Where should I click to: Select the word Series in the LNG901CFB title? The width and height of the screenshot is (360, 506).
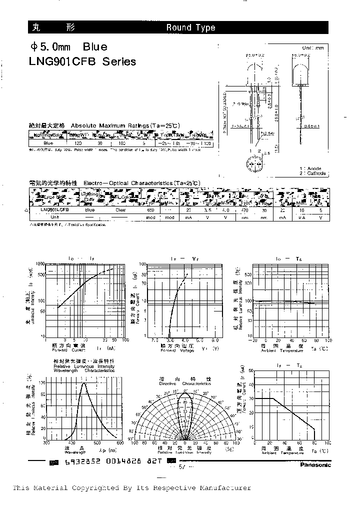[x=119, y=62]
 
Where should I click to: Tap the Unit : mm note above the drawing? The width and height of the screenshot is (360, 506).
[x=313, y=47]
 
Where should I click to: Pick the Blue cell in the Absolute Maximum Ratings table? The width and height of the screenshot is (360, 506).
[x=48, y=143]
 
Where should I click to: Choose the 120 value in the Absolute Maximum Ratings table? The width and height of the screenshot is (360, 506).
[x=78, y=143]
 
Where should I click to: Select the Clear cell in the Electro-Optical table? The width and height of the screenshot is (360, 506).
[x=120, y=210]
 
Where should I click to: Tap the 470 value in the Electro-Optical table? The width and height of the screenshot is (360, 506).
[x=245, y=210]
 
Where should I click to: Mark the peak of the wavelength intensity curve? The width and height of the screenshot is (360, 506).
[x=83, y=384]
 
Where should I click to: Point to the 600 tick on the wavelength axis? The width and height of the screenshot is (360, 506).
[x=120, y=442]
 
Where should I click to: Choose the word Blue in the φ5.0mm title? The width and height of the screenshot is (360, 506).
[x=95, y=47]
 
